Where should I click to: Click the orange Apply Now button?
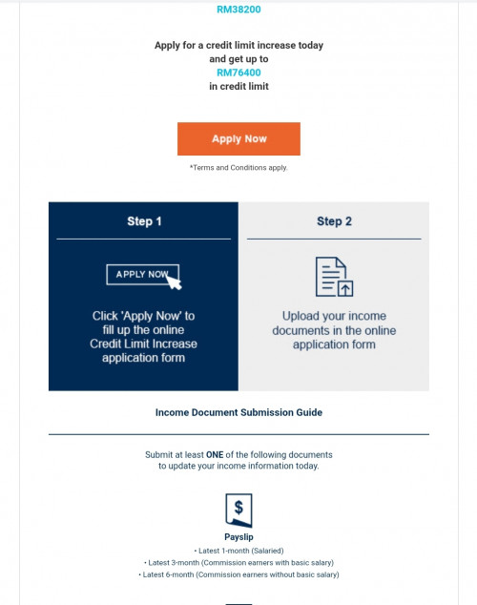tap(238, 139)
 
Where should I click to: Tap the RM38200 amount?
tap(238, 10)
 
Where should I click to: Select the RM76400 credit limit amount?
tap(238, 73)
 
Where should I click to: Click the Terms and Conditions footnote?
tap(238, 167)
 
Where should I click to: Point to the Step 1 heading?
tap(144, 221)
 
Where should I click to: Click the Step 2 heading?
tap(334, 221)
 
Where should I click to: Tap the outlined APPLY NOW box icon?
tap(143, 275)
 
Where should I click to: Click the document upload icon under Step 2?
tap(334, 277)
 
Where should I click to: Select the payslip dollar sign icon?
tap(238, 511)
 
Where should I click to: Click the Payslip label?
tap(238, 537)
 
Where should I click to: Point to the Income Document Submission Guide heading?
tap(238, 412)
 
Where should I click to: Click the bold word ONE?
tap(215, 455)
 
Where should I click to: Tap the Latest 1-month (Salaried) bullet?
tap(238, 551)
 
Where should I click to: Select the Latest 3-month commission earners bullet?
tap(238, 563)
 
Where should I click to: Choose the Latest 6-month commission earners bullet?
tap(238, 574)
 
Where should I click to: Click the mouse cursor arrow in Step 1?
tap(173, 282)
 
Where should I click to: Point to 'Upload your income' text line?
tap(334, 316)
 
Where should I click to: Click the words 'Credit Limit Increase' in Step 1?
tap(143, 344)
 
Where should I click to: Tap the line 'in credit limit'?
tap(238, 87)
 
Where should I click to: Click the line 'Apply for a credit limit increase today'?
tap(238, 46)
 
